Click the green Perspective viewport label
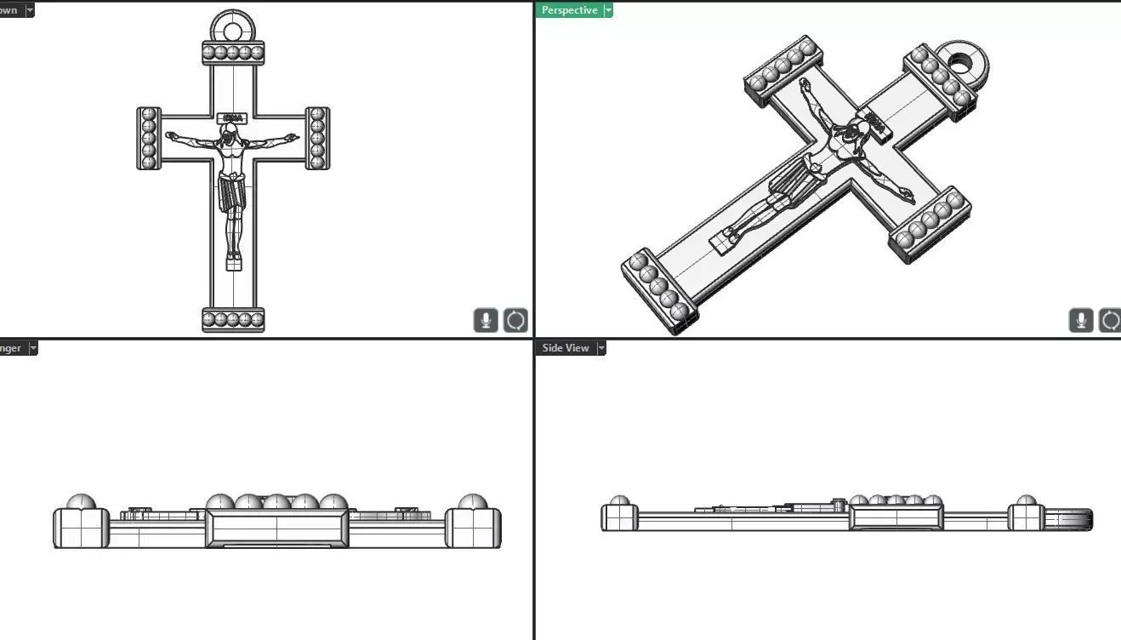tap(569, 10)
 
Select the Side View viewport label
tap(565, 348)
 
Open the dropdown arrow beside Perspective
tap(608, 10)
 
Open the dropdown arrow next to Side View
tap(601, 348)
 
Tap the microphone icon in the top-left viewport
tap(486, 321)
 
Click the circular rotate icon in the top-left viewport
tap(515, 321)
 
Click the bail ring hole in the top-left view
tap(233, 31)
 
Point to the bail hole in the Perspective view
tap(962, 62)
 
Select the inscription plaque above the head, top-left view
tap(232, 118)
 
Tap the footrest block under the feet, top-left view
tap(233, 265)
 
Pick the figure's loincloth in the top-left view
tap(232, 192)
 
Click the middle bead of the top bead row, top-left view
tap(233, 53)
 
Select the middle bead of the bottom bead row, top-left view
tap(233, 321)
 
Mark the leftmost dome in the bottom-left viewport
tap(81, 502)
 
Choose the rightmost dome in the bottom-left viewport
tap(472, 502)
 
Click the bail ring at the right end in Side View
tap(1069, 518)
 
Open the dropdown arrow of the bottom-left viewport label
tap(32, 348)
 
